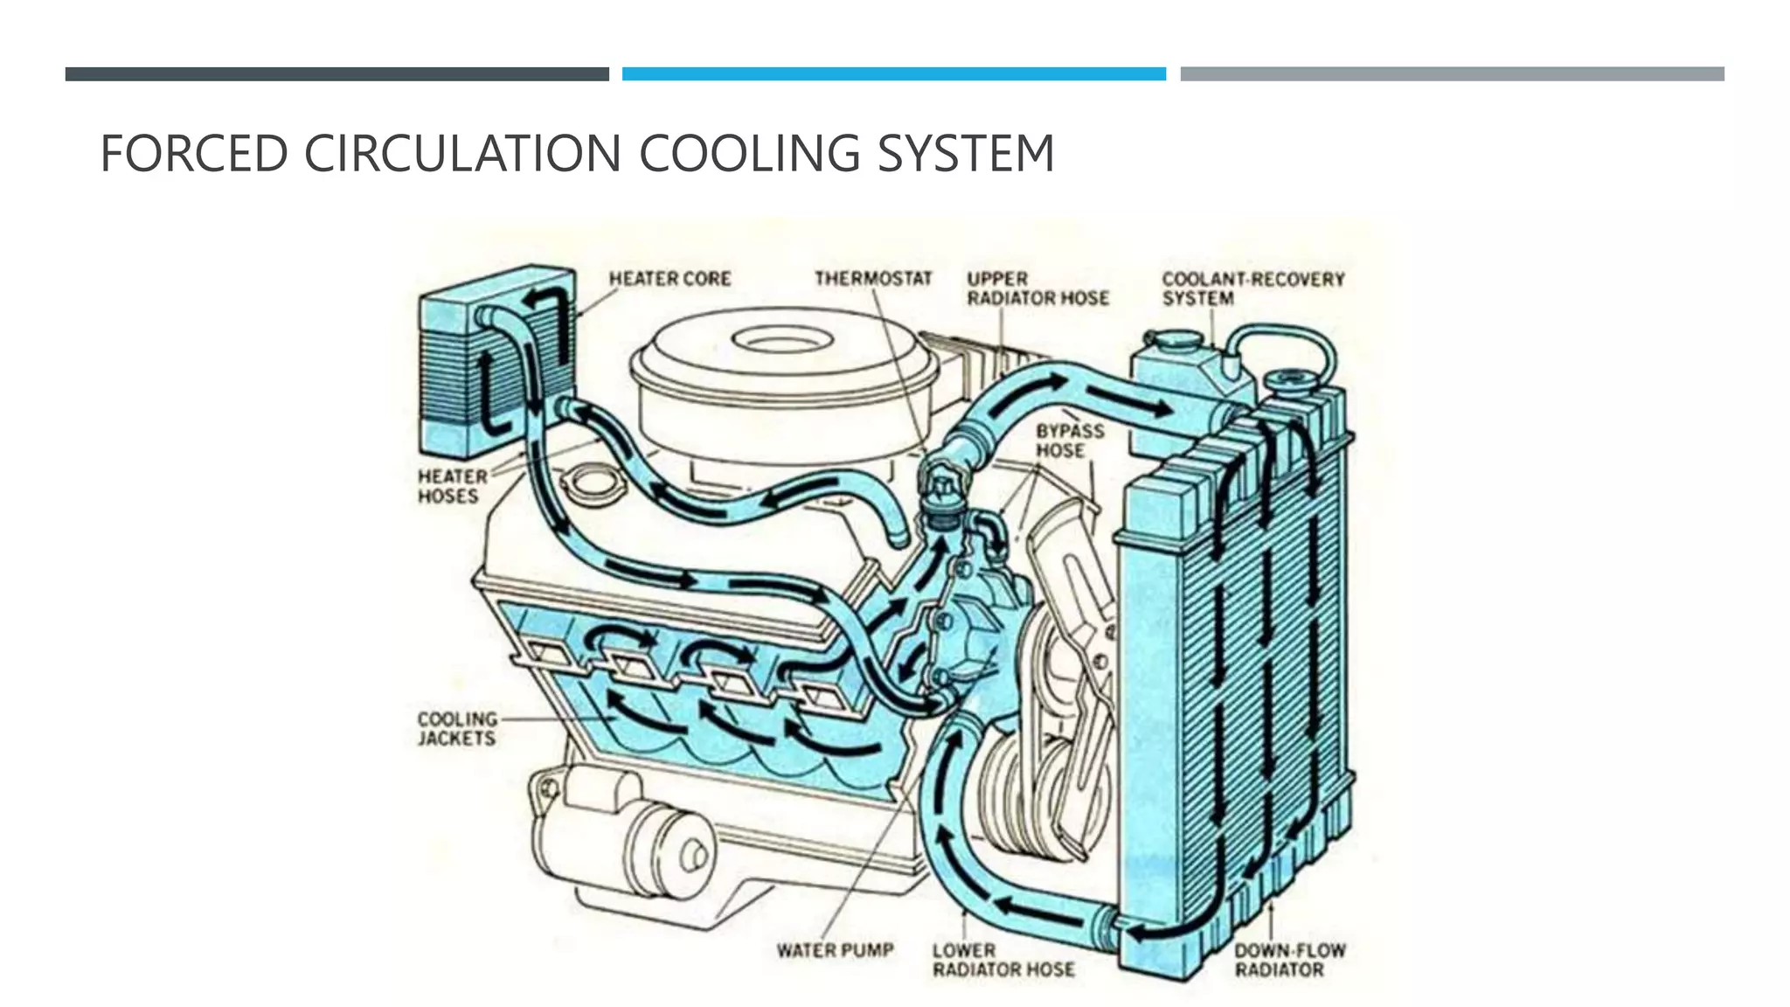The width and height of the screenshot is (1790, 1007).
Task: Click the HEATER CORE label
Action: pos(670,279)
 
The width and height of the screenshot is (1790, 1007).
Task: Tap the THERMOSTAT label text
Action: pos(873,279)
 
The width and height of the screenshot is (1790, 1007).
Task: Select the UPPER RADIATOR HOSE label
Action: pos(1037,288)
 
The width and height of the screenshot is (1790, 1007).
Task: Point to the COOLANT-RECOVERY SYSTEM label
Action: pos(1252,288)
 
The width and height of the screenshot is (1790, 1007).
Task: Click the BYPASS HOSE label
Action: pos(1069,441)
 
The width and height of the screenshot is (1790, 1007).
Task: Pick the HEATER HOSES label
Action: pos(452,486)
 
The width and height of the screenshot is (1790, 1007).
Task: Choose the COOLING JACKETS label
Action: pos(456,728)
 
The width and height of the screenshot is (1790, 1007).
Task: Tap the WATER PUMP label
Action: pos(835,950)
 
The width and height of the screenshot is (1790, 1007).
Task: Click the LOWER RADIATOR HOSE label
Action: pos(1003,960)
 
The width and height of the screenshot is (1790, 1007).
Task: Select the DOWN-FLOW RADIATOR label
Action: pos(1289,960)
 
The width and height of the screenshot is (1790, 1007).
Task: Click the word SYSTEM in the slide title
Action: pos(965,154)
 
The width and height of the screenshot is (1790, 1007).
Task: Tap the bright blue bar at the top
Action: pos(893,74)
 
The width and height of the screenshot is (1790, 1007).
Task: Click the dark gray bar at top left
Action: pos(336,74)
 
